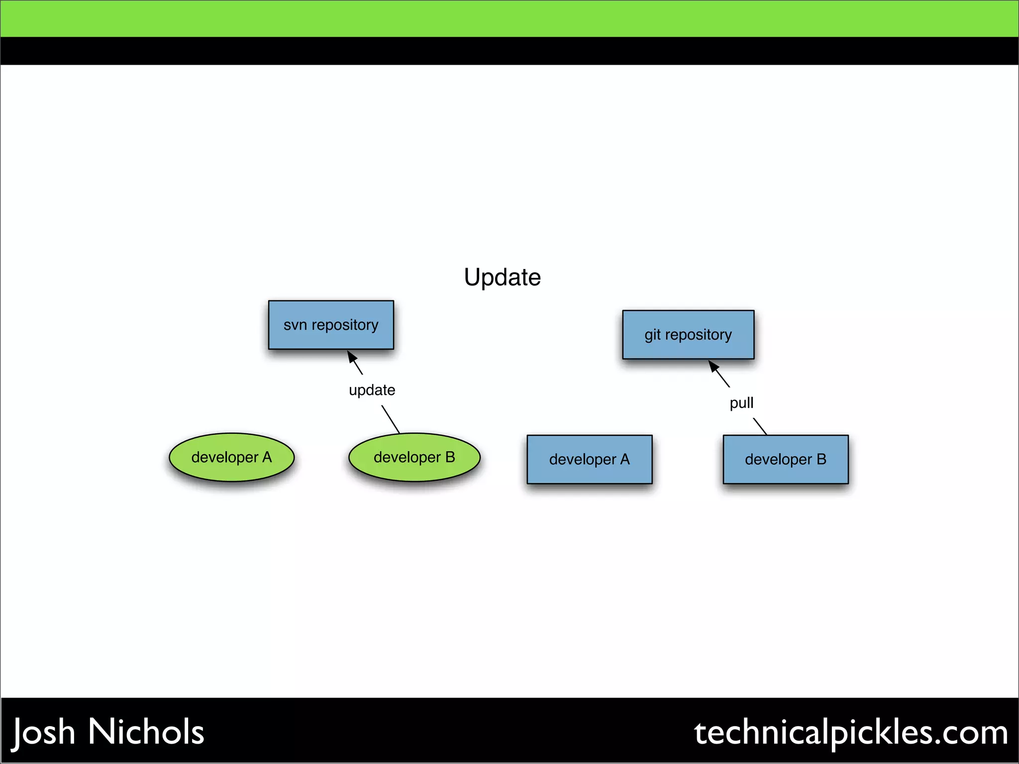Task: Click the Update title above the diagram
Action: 502,277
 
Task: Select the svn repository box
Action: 331,324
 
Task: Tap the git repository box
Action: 688,334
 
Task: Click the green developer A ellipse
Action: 231,457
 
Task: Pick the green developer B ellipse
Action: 414,457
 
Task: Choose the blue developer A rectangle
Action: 589,459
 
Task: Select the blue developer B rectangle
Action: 785,459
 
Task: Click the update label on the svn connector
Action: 372,390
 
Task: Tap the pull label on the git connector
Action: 741,402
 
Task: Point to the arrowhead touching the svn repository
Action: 352,356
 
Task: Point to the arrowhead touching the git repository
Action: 713,367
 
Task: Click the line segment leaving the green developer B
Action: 391,419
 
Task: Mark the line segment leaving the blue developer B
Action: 760,426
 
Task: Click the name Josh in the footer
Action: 44,732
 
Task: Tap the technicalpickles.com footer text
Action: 851,732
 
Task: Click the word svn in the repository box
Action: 295,325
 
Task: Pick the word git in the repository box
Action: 652,335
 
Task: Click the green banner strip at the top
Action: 509,18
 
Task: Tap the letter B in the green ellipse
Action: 450,457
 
